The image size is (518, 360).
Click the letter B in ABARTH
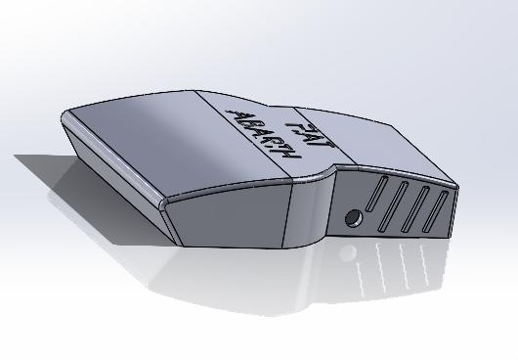[x=244, y=120]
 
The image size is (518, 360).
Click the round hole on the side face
[x=352, y=216]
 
